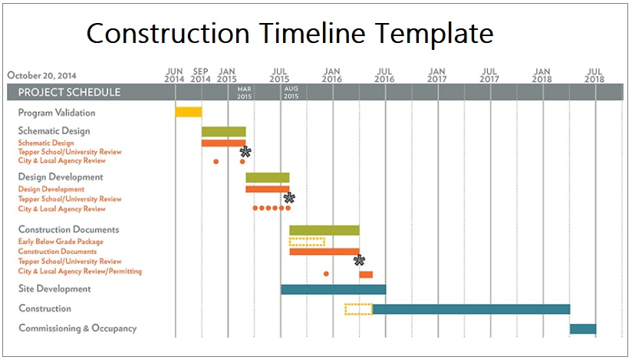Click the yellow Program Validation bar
pos(189,112)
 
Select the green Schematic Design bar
pos(224,131)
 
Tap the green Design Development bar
pos(268,177)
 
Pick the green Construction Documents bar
pos(324,230)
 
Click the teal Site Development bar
pos(334,289)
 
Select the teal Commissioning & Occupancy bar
pos(583,329)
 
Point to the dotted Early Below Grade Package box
pos(307,242)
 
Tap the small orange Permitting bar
pos(366,275)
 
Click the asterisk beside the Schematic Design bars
pos(245,152)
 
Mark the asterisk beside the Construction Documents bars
pos(359,260)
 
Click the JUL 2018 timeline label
pos(594,75)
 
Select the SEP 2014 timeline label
pos(201,75)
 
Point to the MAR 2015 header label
pos(244,92)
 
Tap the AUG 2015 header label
pos(291,92)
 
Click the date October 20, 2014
pos(41,75)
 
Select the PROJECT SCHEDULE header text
pos(69,92)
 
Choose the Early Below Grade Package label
pos(61,241)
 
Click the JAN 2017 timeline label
pos(437,75)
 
